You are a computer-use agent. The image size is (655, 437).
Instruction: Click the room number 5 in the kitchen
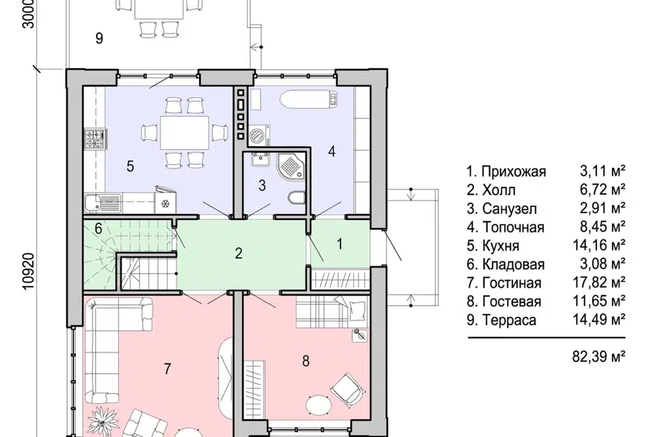pos(130,167)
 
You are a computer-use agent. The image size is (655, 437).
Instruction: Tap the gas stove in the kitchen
pos(94,139)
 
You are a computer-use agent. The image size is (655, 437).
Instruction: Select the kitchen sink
pos(102,203)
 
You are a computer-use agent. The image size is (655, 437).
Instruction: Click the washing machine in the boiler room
pos(259,135)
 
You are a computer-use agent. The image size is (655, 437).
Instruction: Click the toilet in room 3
pos(297,198)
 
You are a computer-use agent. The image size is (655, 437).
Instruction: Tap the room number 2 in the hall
pos(239,253)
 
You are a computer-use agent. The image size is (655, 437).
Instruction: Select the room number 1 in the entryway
pos(340,243)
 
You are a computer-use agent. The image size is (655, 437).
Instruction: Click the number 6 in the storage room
pos(98,228)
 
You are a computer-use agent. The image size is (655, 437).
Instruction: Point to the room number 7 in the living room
pos(167,369)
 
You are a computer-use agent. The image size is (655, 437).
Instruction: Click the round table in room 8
pos(319,404)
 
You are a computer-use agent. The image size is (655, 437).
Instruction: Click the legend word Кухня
pos(501,246)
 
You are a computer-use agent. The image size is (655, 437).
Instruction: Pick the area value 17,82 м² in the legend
pos(598,282)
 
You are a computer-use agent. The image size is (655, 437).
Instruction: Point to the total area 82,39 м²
pos(598,356)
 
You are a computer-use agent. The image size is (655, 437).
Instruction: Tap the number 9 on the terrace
pos(99,38)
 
